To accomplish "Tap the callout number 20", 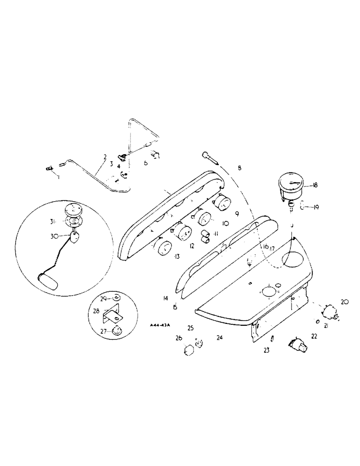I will click(x=345, y=302).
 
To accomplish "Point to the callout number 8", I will click(x=239, y=168).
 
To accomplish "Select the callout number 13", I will click(x=177, y=256).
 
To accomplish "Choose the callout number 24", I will click(x=219, y=336).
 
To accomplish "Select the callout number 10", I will click(x=225, y=223).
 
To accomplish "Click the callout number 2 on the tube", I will click(x=105, y=157).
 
